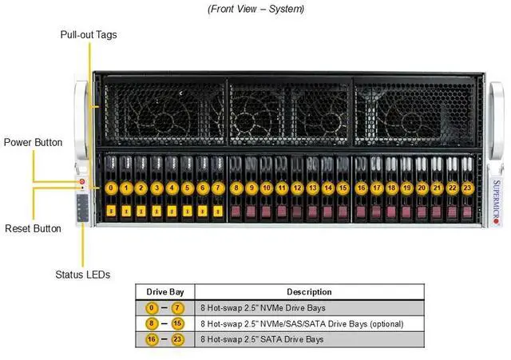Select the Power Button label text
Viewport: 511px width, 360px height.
pos(33,142)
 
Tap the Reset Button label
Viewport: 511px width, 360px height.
pos(33,228)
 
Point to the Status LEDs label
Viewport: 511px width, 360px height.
pos(82,275)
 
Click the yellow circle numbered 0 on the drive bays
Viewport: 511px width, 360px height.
pos(111,188)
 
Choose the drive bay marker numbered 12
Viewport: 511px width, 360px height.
pos(297,188)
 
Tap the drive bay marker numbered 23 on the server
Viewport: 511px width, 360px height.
pos(468,188)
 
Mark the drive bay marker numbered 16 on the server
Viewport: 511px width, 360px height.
pos(362,188)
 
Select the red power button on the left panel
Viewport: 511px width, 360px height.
pos(82,183)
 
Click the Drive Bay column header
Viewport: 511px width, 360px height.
pos(164,291)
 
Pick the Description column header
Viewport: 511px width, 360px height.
pos(309,291)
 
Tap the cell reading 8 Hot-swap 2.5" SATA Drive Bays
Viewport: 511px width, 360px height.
pos(262,339)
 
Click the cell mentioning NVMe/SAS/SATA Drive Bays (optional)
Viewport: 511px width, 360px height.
pos(301,323)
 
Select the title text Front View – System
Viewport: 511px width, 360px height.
pos(255,9)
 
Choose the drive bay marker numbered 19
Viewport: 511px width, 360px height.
pos(407,188)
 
